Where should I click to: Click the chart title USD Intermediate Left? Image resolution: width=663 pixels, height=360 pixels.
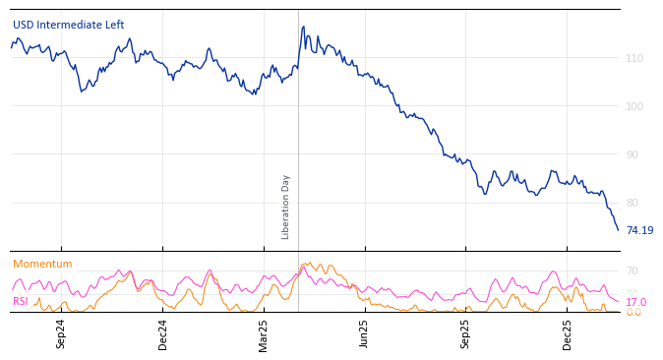[x=68, y=25]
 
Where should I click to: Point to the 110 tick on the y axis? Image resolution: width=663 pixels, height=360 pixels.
[x=634, y=59]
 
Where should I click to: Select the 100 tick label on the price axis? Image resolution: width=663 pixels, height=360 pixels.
[x=634, y=106]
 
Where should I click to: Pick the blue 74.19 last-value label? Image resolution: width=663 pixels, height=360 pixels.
[x=639, y=230]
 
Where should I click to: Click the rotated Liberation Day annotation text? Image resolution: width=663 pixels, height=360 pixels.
[x=286, y=207]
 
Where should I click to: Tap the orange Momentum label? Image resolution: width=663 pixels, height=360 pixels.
[x=42, y=264]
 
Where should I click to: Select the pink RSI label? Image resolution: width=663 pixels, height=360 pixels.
[x=20, y=301]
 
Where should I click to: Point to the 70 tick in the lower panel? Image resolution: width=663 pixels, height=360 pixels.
[x=632, y=270]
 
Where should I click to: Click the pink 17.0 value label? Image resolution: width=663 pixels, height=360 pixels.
[x=635, y=302]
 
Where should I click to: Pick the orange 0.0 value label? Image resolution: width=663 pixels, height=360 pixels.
[x=633, y=313]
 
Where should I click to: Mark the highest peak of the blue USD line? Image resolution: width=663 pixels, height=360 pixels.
[x=303, y=27]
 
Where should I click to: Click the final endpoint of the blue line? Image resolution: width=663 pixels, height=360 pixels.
[x=618, y=230]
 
